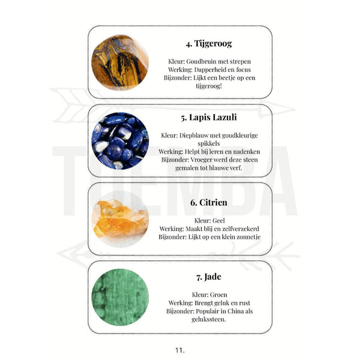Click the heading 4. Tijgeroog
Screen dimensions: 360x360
[209, 44]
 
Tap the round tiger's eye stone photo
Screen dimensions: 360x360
[120, 62]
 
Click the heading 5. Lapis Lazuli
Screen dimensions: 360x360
[209, 118]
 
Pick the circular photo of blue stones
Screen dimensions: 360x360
[120, 141]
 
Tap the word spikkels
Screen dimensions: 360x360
[209, 143]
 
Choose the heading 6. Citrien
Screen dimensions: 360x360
[209, 203]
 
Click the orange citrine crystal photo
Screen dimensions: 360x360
[120, 219]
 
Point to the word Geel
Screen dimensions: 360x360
[219, 221]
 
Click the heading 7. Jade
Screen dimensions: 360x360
[209, 277]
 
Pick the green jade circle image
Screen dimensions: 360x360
[120, 298]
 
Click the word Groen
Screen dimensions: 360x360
[218, 295]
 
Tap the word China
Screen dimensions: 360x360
[236, 311]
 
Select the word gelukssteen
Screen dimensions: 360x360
[209, 319]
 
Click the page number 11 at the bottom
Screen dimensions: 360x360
[180, 350]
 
